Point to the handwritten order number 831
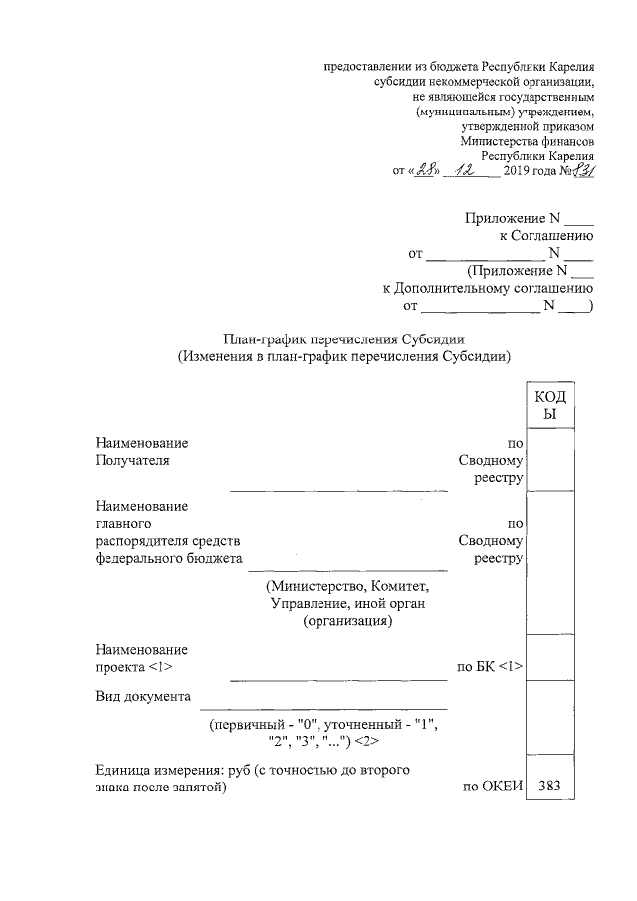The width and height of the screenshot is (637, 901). coord(582,170)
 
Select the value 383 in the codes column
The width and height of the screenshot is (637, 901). coord(549,787)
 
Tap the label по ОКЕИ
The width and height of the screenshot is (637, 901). coord(492,788)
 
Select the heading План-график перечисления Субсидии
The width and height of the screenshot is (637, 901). coord(343,338)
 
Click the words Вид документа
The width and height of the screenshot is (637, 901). coord(142,695)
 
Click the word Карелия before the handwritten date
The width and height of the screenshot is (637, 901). coord(569,155)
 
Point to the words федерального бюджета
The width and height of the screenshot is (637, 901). coord(169,558)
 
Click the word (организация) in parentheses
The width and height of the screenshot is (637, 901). coord(347,621)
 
